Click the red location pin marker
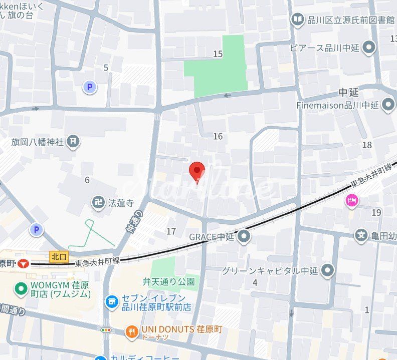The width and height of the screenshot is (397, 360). pos(197,172)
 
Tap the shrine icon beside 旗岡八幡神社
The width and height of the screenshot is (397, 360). pos(73,142)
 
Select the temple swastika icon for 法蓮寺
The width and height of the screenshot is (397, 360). pos(98,202)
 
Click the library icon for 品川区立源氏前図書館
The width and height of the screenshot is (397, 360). pos(298,20)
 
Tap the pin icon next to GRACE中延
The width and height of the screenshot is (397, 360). pos(244,236)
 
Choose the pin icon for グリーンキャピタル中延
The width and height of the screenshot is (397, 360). pos(328,271)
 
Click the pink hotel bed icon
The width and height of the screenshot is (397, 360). pos(352,201)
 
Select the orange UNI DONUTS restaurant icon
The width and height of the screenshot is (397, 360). pos(131,330)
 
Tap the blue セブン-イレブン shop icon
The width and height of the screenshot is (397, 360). pos(111,302)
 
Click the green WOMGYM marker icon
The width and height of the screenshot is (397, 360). pos(21,288)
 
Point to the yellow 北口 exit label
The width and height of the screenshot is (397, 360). pos(59,256)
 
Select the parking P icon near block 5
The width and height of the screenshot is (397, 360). pos(89,88)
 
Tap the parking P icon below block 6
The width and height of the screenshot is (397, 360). pos(36,230)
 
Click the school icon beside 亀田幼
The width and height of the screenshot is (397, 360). pos(361,234)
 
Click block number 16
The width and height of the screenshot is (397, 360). pos(218,136)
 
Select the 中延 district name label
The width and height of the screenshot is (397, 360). pos(349,93)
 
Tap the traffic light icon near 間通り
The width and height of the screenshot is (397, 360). pos(106,330)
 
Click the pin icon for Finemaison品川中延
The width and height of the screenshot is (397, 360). pos(388,105)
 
